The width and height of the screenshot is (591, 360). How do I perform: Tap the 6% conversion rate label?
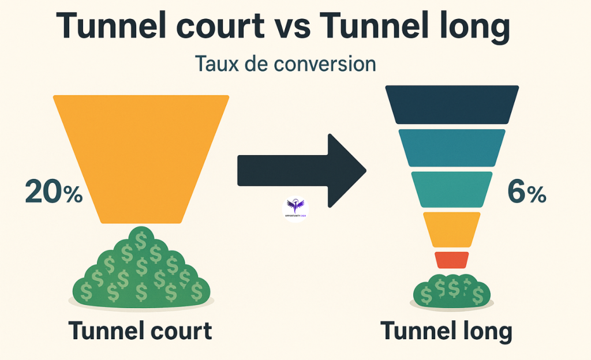pos(526,192)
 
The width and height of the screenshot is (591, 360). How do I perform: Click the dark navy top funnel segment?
pos(452,104)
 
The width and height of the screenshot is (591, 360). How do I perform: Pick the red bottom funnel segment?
pos(452,260)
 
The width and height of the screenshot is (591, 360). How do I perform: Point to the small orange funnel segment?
pos(452,229)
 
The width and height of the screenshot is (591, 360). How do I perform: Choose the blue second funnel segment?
pos(452,147)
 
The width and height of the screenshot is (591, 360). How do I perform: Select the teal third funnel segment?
pos(452,189)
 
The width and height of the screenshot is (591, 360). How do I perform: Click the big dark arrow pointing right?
pos(300,171)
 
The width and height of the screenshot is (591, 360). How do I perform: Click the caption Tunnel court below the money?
pos(140,331)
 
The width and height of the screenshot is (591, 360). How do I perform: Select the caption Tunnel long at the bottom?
pos(446,331)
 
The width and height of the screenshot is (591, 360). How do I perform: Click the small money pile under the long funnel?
pos(451,291)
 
